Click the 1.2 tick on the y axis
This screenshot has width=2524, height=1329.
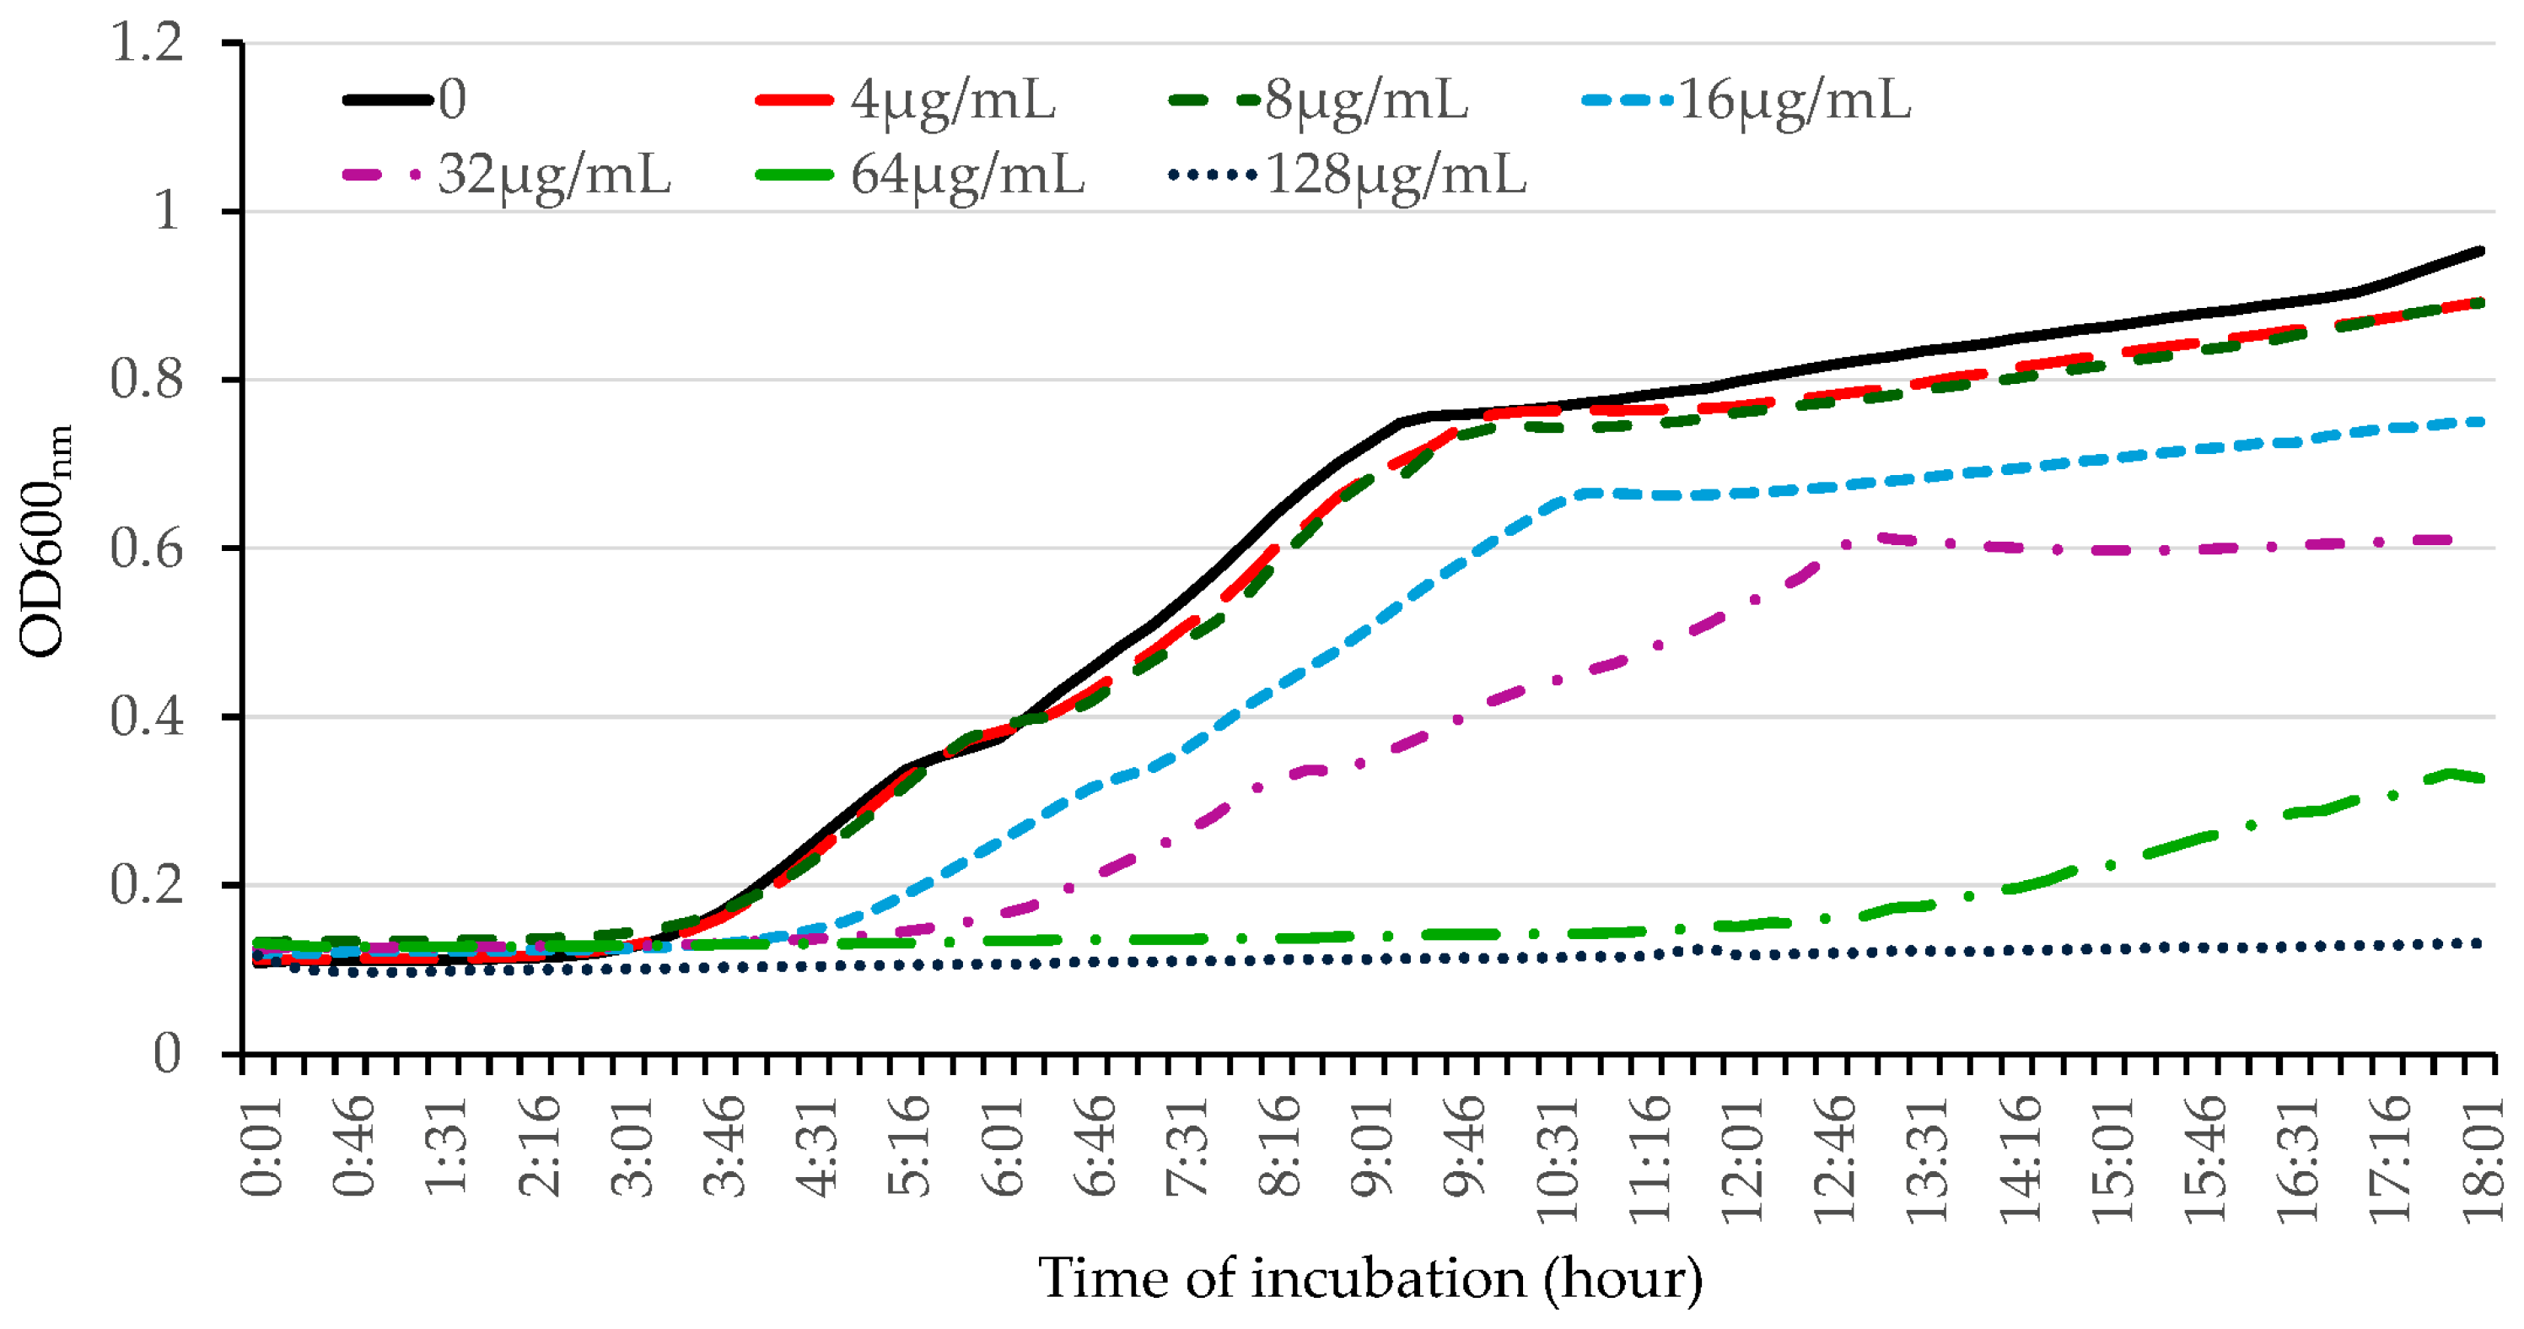tap(147, 43)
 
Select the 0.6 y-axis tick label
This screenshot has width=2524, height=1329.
tap(147, 548)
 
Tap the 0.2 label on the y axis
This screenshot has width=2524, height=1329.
tap(147, 886)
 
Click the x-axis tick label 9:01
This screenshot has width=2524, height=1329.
tap(1373, 1147)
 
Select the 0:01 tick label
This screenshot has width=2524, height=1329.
tap(261, 1147)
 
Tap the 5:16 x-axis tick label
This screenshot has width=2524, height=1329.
tap(910, 1147)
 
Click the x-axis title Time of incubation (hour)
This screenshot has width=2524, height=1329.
tap(1370, 1279)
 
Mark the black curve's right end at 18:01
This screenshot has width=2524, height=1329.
tap(2482, 251)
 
